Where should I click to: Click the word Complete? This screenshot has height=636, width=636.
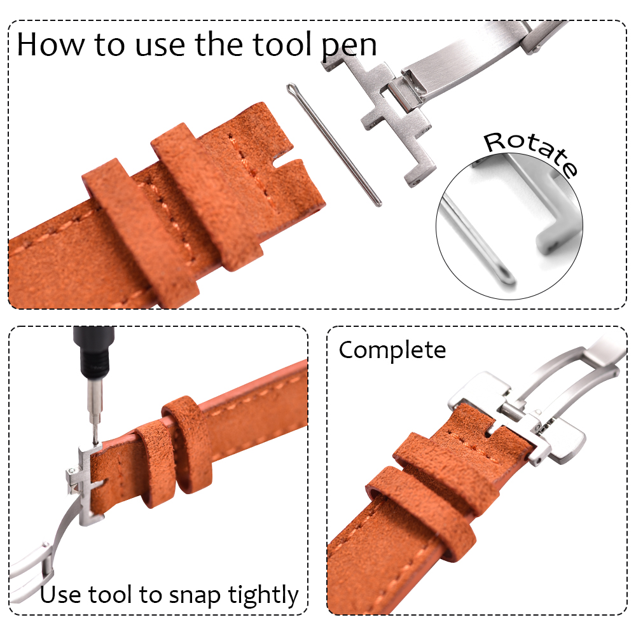(x=392, y=350)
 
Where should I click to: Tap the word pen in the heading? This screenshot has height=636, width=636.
(x=349, y=45)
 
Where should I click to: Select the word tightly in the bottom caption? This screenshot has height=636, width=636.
(x=263, y=595)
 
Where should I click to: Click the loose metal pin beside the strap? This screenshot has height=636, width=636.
(x=333, y=144)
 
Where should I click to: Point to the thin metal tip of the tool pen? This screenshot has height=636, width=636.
(x=95, y=433)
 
